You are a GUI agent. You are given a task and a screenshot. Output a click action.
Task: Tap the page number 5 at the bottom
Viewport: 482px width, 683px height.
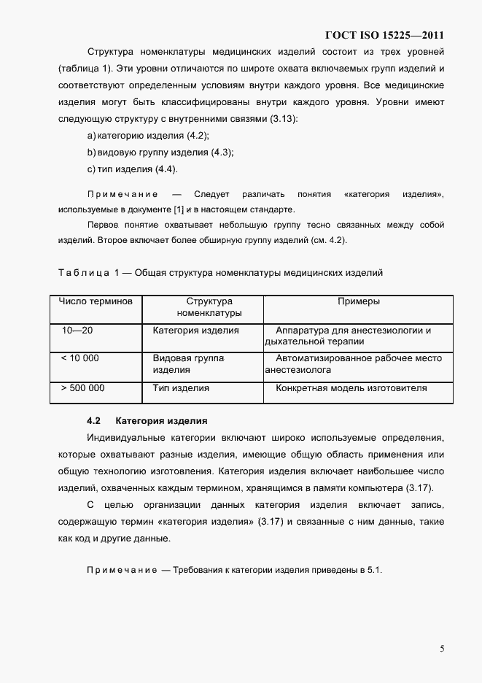442,648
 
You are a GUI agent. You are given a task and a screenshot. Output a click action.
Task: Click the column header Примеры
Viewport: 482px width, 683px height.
358,301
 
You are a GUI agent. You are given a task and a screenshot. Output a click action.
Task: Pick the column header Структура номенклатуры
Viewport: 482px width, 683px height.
209,307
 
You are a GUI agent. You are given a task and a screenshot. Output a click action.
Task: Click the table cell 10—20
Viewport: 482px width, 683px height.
77,331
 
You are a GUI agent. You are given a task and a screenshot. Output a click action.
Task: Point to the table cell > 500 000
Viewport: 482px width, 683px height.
82,388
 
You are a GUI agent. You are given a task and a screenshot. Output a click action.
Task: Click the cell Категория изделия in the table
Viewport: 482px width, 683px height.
195,331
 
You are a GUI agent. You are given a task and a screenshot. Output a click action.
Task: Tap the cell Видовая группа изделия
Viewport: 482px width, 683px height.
188,364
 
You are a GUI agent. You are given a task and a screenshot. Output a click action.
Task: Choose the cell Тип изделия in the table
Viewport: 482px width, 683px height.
181,388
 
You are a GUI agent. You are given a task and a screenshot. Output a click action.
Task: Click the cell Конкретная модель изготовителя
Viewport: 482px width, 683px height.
351,388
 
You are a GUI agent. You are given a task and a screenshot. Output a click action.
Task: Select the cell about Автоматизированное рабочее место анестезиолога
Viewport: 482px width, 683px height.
354,364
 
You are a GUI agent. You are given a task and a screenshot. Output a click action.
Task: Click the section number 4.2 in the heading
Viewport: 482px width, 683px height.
93,421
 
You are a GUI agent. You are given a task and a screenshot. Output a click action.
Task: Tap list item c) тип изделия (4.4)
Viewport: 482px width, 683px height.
132,169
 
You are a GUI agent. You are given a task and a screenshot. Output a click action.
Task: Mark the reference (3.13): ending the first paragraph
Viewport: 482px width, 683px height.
281,118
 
